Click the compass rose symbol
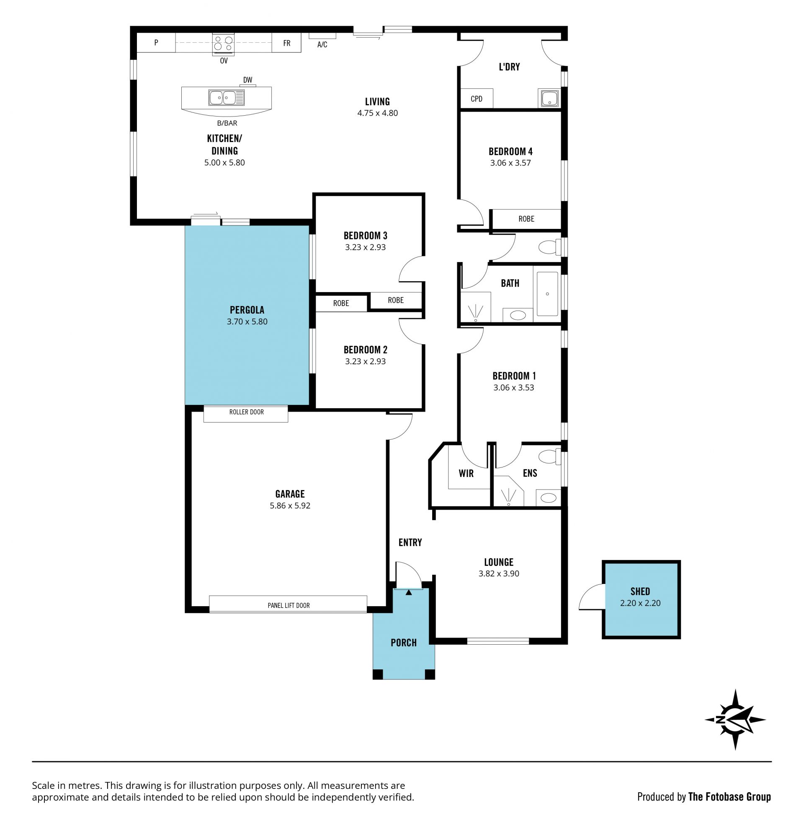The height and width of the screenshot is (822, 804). [x=735, y=720]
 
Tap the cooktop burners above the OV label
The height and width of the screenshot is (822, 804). [x=223, y=44]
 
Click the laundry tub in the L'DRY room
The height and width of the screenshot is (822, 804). [x=548, y=98]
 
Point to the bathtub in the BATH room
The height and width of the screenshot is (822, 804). [x=547, y=294]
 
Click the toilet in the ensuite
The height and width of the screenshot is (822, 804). [x=549, y=457]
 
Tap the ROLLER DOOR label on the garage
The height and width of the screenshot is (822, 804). [x=246, y=412]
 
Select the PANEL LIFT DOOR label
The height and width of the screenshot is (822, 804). [x=289, y=605]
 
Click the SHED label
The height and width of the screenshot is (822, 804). [x=640, y=592]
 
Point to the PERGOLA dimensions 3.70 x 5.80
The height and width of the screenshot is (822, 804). [x=247, y=322]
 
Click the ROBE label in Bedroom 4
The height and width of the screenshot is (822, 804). [x=526, y=219]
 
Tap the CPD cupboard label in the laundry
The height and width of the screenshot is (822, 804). [x=476, y=99]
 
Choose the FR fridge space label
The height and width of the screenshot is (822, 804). [x=287, y=43]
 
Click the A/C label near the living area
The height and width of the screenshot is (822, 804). [x=322, y=44]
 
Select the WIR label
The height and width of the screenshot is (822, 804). [x=466, y=473]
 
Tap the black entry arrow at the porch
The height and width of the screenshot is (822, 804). [x=408, y=593]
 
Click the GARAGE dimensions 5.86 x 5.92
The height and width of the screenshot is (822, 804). [x=290, y=506]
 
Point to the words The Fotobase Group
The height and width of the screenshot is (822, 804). [x=729, y=797]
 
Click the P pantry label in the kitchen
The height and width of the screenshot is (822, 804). [x=156, y=43]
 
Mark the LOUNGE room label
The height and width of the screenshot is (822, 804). [x=499, y=562]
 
